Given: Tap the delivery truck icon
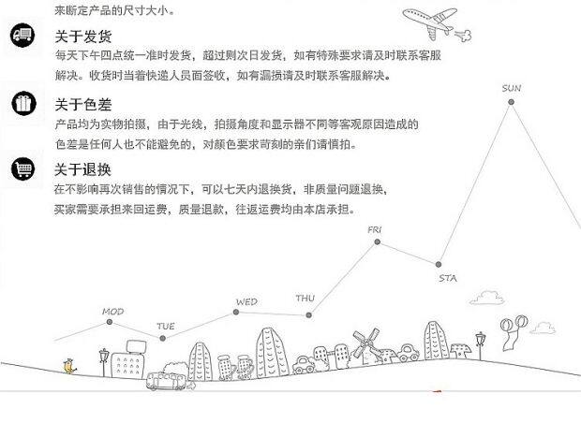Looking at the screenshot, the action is pos(22,36).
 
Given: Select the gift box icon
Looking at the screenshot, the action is pos(22,103).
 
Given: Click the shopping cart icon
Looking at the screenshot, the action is pos(22,168).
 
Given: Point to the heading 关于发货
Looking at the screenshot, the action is pos(82,37).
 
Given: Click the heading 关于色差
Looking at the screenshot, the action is pos(82,104).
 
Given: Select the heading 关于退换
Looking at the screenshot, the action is pos(82,169).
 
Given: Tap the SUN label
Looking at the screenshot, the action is pos(511,89).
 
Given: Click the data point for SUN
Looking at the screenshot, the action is pos(512,102).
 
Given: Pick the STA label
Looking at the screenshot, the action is pos(448,278).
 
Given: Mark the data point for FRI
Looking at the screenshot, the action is pos(378,242).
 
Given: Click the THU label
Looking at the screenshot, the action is pos(305,299).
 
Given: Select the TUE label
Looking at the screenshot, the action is pos(166,326).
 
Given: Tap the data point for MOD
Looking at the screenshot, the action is pos(111,322).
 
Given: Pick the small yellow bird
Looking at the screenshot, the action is pos(67,366).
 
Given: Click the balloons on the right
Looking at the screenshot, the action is pos(509,326).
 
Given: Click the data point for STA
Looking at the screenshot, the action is pos(439,264).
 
